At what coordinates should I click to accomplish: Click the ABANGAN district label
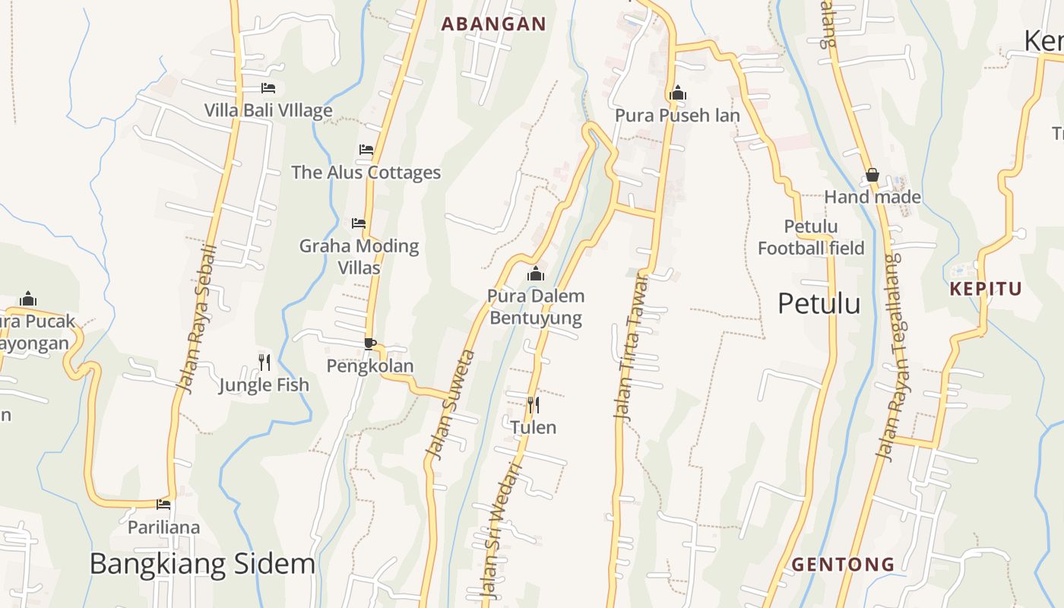pos(493,24)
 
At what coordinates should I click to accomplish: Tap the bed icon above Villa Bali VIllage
pos(268,88)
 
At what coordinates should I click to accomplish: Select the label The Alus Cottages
pos(366,173)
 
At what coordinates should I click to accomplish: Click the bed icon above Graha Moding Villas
pos(359,223)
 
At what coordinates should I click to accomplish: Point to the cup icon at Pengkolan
pos(369,344)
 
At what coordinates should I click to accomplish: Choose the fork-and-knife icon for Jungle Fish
pos(264,362)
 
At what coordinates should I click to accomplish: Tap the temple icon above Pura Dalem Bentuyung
pos(536,274)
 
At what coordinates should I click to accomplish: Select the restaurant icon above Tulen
pos(534,404)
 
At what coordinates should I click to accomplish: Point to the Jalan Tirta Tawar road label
pos(632,347)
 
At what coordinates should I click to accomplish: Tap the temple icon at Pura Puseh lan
pos(677,93)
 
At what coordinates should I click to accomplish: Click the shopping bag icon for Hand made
pos(872,176)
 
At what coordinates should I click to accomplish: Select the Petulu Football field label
pos(811,237)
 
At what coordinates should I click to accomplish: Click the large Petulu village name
pos(819,304)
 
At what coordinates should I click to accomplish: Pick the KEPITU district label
pos(986,289)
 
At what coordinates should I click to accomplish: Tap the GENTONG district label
pos(843,565)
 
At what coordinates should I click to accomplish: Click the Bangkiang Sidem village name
pos(202,564)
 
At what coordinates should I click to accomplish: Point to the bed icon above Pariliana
pos(163,504)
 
